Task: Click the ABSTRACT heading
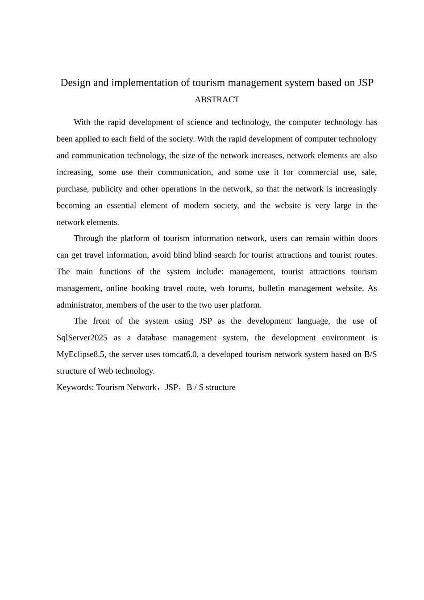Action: click(217, 100)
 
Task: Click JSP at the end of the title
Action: click(365, 83)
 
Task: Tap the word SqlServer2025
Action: click(82, 337)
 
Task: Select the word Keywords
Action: click(74, 387)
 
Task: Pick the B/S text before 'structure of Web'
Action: click(370, 354)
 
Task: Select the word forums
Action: click(241, 288)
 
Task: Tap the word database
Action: click(151, 337)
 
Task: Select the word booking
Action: click(145, 288)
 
